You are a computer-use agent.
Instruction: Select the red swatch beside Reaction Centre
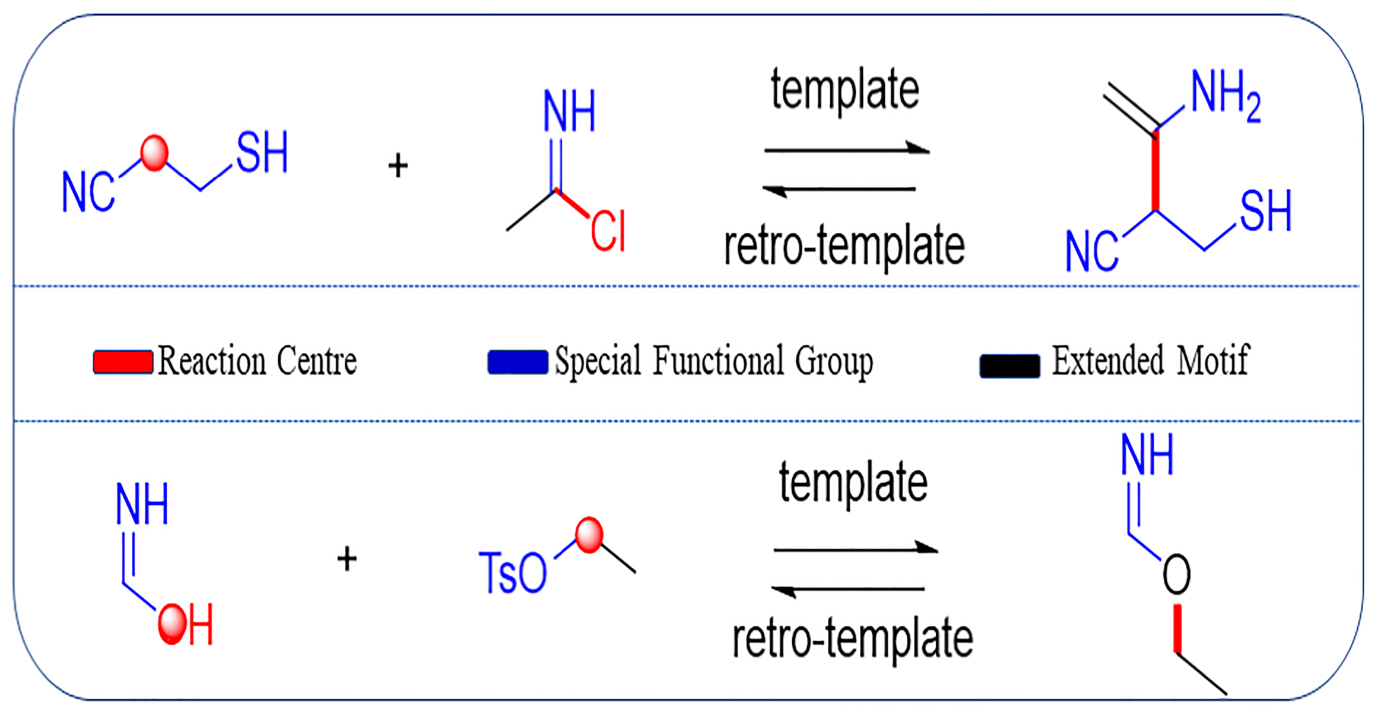pos(123,362)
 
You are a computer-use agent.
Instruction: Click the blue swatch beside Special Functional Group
pos(517,362)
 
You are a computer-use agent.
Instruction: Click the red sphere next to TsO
pos(589,535)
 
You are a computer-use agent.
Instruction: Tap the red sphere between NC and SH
pos(155,153)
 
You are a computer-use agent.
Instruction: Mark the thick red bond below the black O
pos(1178,628)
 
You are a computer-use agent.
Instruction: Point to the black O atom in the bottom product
pos(1176,574)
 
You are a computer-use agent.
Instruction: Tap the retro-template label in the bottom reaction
pos(853,638)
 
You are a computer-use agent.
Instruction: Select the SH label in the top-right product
pos(1265,212)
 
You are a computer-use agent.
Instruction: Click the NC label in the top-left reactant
pos(88,192)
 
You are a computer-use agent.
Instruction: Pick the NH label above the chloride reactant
pos(569,111)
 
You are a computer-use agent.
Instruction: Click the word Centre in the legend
pos(316,361)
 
